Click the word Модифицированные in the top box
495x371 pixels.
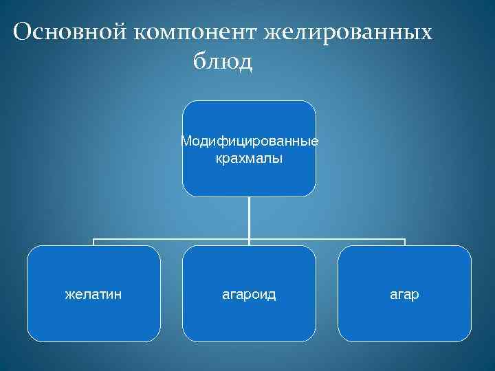point(249,142)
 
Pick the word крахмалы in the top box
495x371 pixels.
point(249,159)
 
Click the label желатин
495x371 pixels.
point(93,295)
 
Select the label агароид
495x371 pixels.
point(249,295)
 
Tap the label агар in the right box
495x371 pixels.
point(405,295)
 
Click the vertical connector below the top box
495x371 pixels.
point(249,220)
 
